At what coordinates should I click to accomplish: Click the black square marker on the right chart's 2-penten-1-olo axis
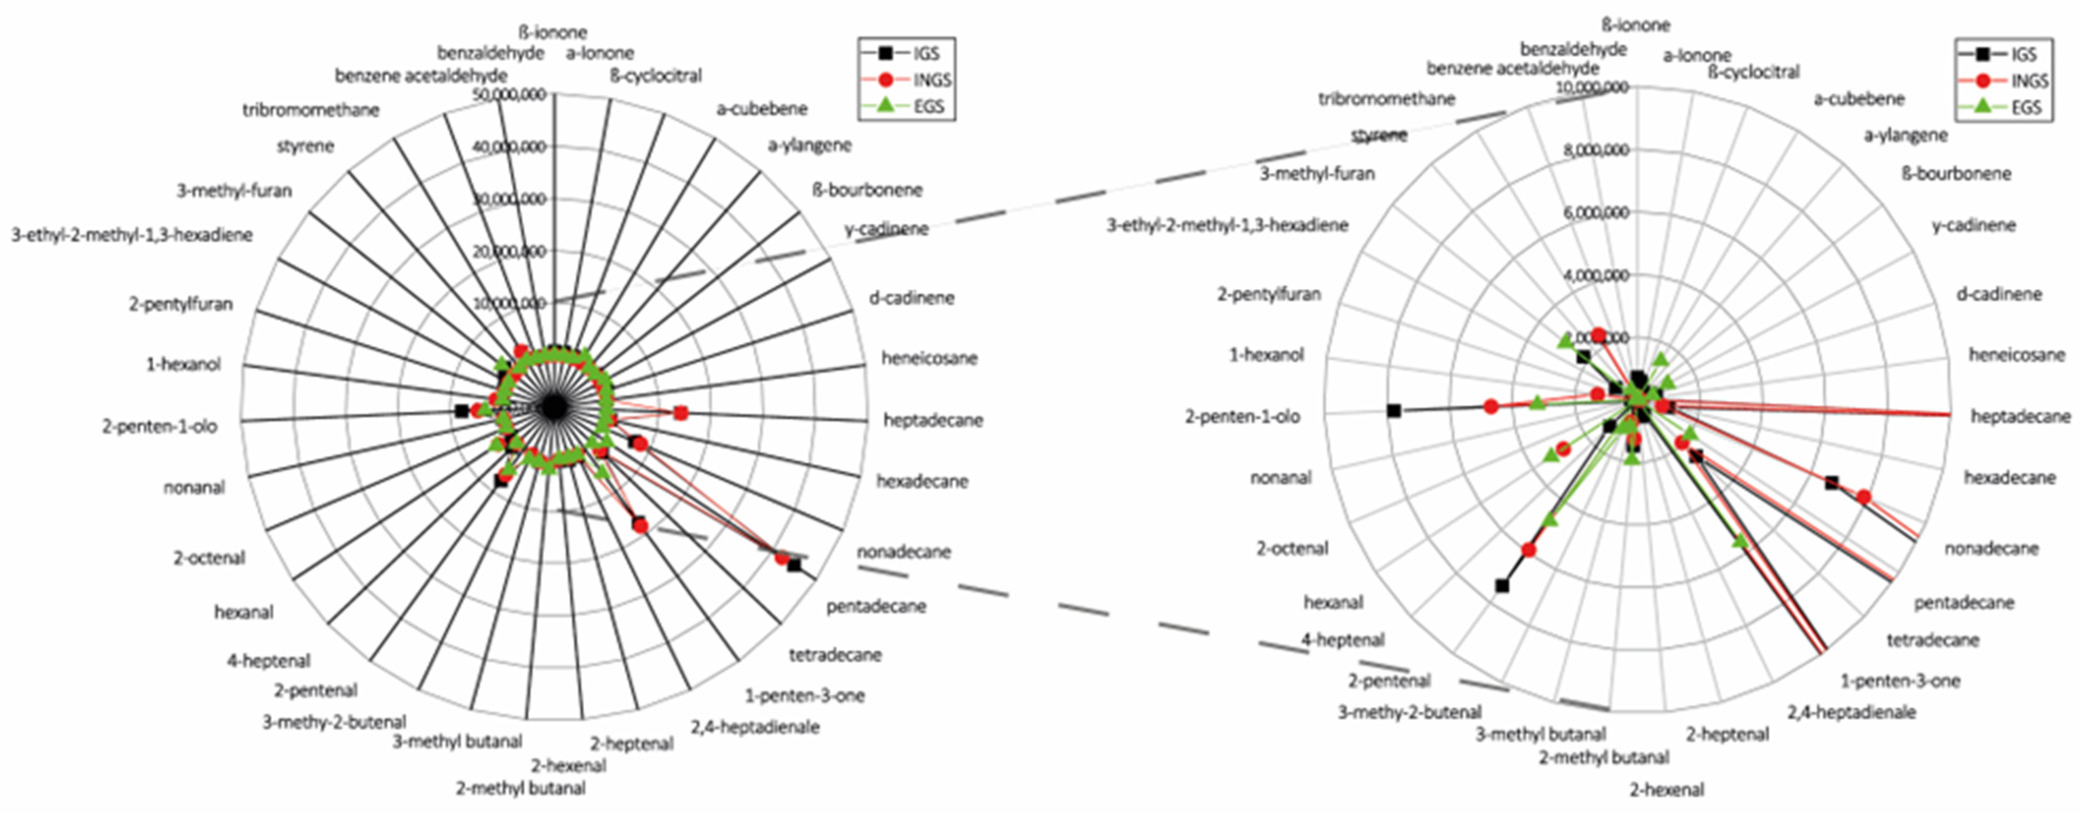point(1393,410)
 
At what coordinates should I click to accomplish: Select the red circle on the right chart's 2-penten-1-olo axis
point(1491,406)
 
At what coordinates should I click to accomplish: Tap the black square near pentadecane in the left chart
point(794,565)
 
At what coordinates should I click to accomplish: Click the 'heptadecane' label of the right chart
point(2020,416)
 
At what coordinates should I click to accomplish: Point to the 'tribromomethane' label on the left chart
point(311,110)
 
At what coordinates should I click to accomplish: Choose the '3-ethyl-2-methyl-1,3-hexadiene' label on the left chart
point(132,235)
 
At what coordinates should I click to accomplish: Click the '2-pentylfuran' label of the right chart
point(1269,294)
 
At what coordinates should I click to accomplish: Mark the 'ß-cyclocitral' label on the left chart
point(656,76)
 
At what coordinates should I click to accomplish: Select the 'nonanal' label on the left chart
point(194,487)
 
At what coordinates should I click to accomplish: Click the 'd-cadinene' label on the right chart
point(1999,294)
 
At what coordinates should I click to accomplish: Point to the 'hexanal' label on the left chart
point(244,612)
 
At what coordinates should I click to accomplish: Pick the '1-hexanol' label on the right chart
point(1266,355)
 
